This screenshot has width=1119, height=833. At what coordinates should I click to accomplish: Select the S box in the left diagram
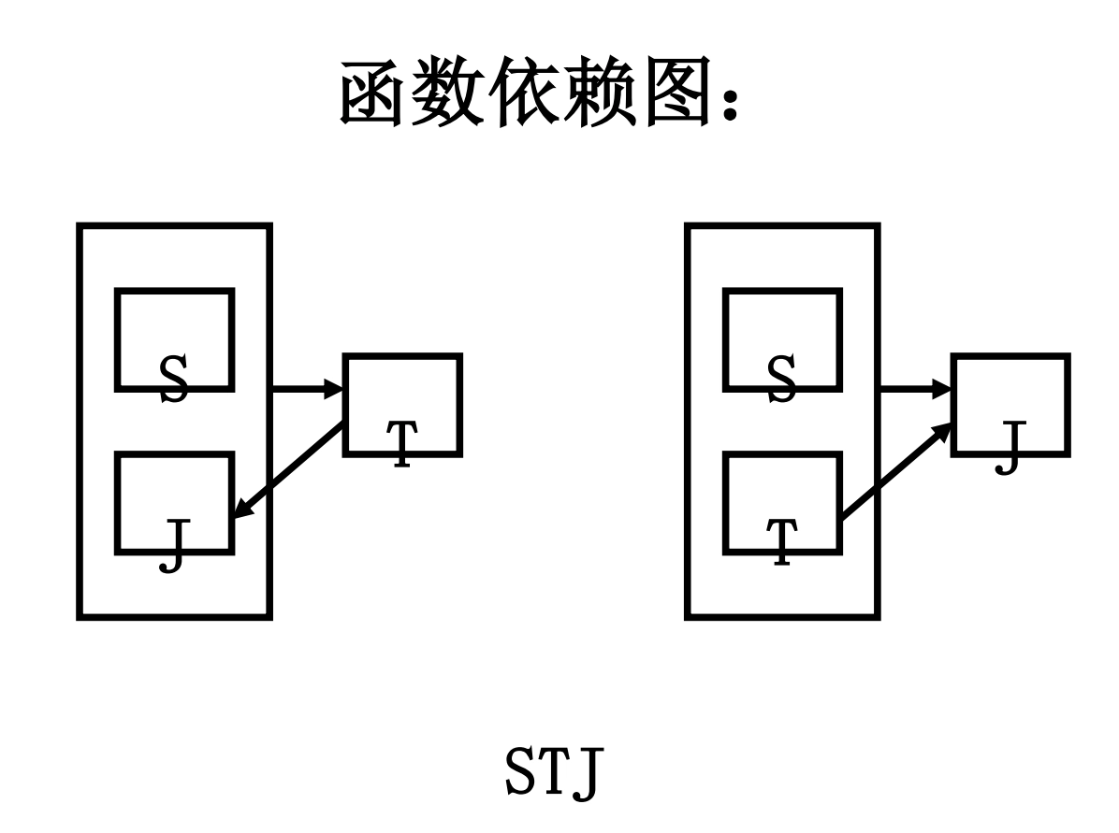click(174, 339)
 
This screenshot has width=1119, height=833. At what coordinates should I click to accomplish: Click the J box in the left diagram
click(174, 503)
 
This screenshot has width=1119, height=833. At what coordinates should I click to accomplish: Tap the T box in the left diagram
click(402, 405)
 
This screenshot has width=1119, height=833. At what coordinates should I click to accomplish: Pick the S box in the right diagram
click(782, 339)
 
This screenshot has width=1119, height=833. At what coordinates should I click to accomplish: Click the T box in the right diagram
click(782, 503)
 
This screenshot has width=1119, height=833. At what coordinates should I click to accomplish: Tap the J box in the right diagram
click(1010, 405)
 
